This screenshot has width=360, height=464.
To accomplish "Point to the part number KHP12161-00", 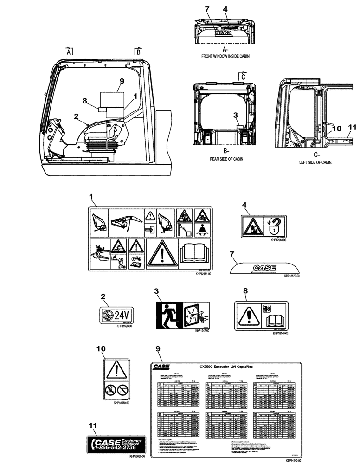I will [203, 275].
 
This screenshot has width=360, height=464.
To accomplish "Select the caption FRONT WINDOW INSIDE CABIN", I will [225, 55].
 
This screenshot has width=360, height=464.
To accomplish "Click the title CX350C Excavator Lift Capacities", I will [226, 367].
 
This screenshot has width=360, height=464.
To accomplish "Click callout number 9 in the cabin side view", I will [122, 81].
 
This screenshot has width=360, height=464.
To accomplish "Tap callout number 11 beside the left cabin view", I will [351, 127].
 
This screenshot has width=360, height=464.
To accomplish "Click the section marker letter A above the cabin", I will [69, 53].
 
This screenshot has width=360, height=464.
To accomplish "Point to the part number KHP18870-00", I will [292, 276].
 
